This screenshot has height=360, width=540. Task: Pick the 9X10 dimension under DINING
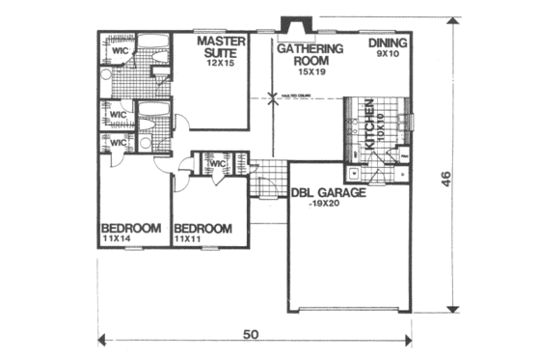point(388,55)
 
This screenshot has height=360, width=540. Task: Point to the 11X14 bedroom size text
point(118,238)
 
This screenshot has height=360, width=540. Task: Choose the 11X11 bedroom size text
point(189,238)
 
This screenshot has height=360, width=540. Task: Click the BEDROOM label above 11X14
point(130,228)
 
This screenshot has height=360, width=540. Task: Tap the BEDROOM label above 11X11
point(202,228)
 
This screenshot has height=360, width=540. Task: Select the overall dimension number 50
point(249,335)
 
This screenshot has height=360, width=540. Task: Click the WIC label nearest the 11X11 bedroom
point(217,163)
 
